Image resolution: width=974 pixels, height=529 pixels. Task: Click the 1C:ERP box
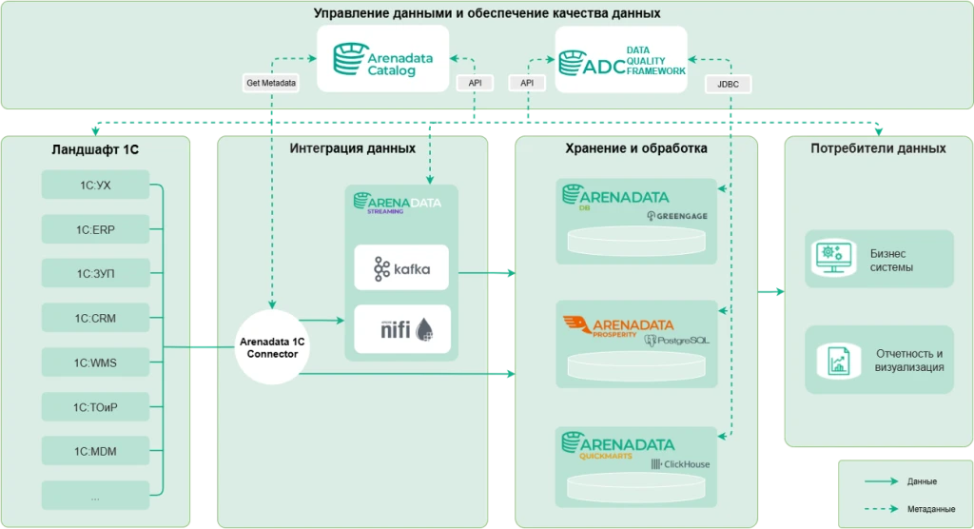pyautogui.click(x=95, y=229)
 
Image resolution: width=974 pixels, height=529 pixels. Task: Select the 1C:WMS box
pyautogui.click(x=95, y=362)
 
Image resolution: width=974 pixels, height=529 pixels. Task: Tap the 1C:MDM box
pyautogui.click(x=95, y=451)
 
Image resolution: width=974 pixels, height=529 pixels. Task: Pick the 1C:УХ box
pyautogui.click(x=95, y=185)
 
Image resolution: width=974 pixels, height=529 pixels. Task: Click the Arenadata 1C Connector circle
pyautogui.click(x=272, y=347)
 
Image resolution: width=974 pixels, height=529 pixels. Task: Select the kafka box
pyautogui.click(x=401, y=268)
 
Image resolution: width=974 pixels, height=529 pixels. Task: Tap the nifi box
pyautogui.click(x=402, y=329)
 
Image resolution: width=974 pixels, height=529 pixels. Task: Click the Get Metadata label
pyautogui.click(x=271, y=83)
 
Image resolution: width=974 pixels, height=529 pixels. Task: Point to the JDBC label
pyautogui.click(x=728, y=84)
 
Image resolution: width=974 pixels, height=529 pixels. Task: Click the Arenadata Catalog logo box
pyautogui.click(x=382, y=58)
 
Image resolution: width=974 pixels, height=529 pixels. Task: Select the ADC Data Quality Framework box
pyautogui.click(x=621, y=60)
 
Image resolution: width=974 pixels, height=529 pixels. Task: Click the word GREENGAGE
pyautogui.click(x=682, y=216)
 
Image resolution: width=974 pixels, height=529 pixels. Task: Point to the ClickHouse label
pyautogui.click(x=687, y=464)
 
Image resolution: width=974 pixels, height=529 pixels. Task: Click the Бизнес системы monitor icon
pyautogui.click(x=833, y=258)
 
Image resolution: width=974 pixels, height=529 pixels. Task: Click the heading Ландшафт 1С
pyautogui.click(x=95, y=149)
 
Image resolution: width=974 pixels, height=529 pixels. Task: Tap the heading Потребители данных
pyautogui.click(x=878, y=148)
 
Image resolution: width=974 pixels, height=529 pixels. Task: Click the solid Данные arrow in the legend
pyautogui.click(x=881, y=481)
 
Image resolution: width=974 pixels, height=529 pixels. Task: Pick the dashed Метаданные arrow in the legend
pyautogui.click(x=881, y=508)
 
